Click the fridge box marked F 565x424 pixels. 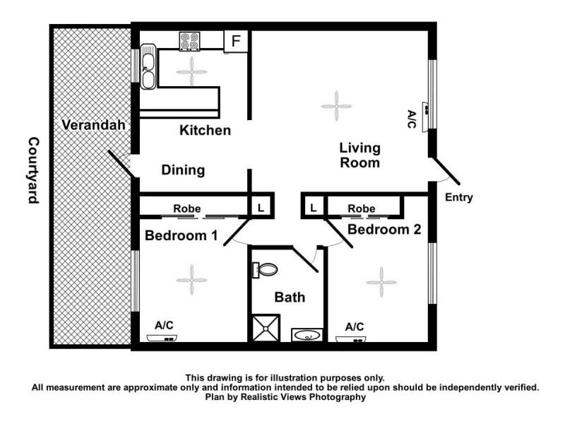coord(236,41)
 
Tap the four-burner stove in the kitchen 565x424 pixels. coord(189,42)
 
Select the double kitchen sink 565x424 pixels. coord(148,67)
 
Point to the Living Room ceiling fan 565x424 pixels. coord(336,106)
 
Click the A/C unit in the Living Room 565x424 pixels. coord(427,110)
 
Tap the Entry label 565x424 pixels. coord(458,198)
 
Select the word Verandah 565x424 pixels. coord(93,126)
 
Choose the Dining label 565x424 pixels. coord(183,170)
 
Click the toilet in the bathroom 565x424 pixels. coord(266,269)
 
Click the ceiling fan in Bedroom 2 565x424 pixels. coord(381,282)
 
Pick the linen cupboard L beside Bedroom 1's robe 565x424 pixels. coord(261,208)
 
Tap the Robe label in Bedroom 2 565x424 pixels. coord(362,209)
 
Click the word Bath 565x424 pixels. coord(290,298)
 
